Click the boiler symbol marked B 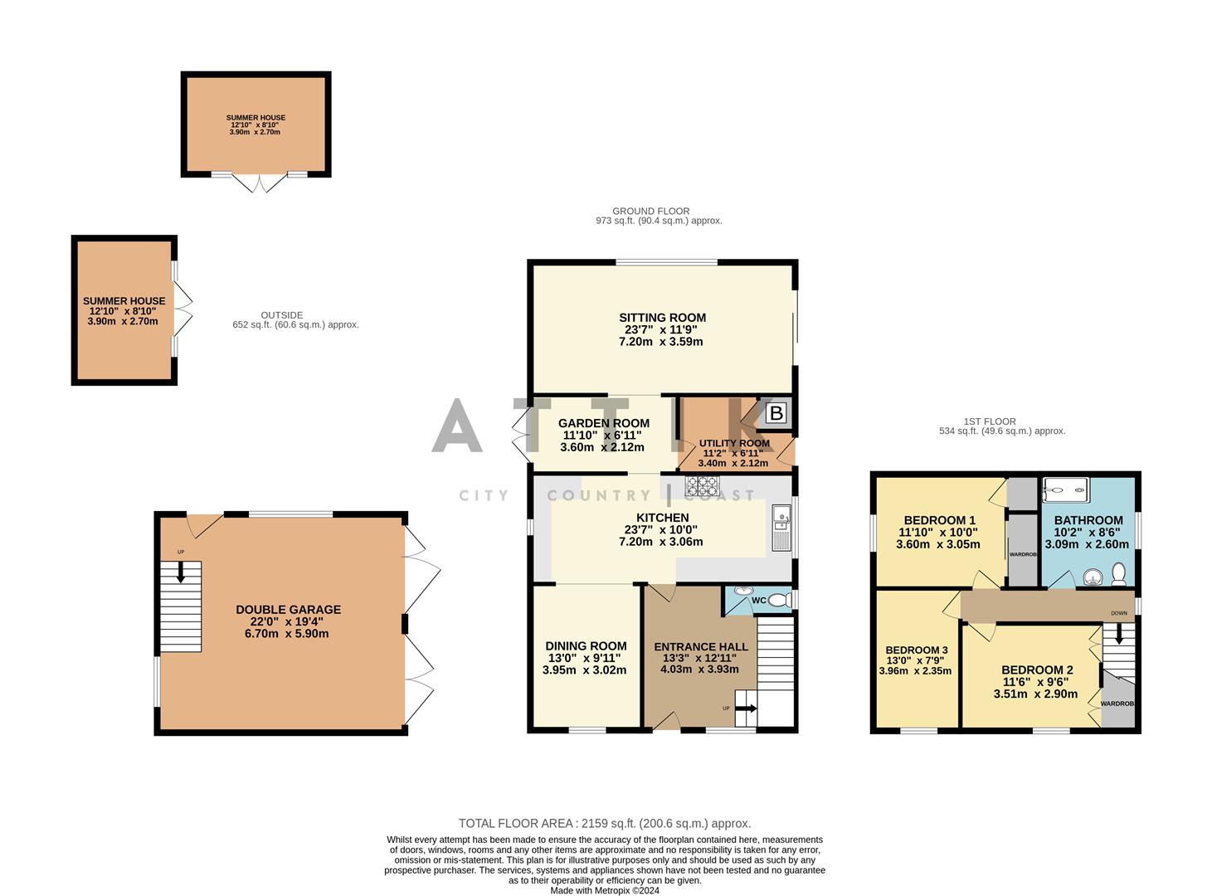tap(776, 412)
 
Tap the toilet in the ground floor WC tap(777, 600)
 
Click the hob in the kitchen tap(702, 485)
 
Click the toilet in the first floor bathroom tap(1118, 573)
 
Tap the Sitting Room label tap(662, 318)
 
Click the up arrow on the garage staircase tap(181, 572)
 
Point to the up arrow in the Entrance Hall tap(746, 709)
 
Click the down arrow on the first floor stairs tap(1119, 635)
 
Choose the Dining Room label tap(586, 646)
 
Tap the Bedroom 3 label tap(916, 650)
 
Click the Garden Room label tap(603, 423)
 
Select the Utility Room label tap(734, 443)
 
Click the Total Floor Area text tap(605, 823)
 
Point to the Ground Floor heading tap(650, 211)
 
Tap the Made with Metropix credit tap(605, 891)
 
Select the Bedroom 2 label tap(1037, 670)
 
